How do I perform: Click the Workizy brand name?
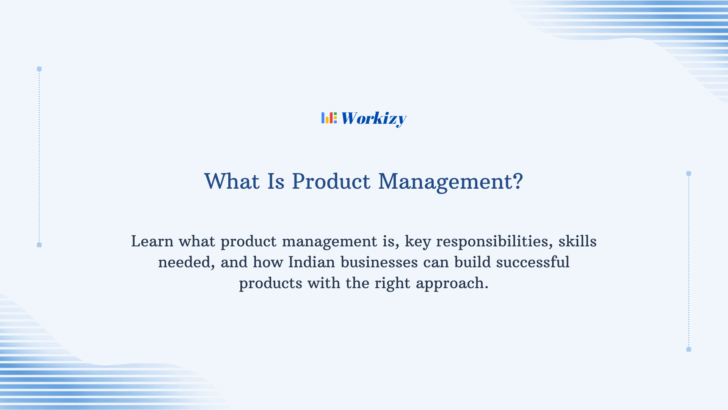click(x=373, y=118)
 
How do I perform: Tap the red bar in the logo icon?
click(x=331, y=118)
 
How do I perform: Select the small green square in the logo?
click(x=335, y=114)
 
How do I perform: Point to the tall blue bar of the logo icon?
click(x=323, y=118)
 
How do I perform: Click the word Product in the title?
click(x=331, y=181)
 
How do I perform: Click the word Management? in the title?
click(x=450, y=181)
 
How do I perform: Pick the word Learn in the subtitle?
click(x=152, y=241)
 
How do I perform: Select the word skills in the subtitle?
click(x=577, y=241)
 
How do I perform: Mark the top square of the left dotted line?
click(x=39, y=69)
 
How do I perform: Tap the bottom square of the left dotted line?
click(x=39, y=245)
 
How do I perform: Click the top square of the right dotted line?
click(x=689, y=173)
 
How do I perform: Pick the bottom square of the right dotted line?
click(x=689, y=349)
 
